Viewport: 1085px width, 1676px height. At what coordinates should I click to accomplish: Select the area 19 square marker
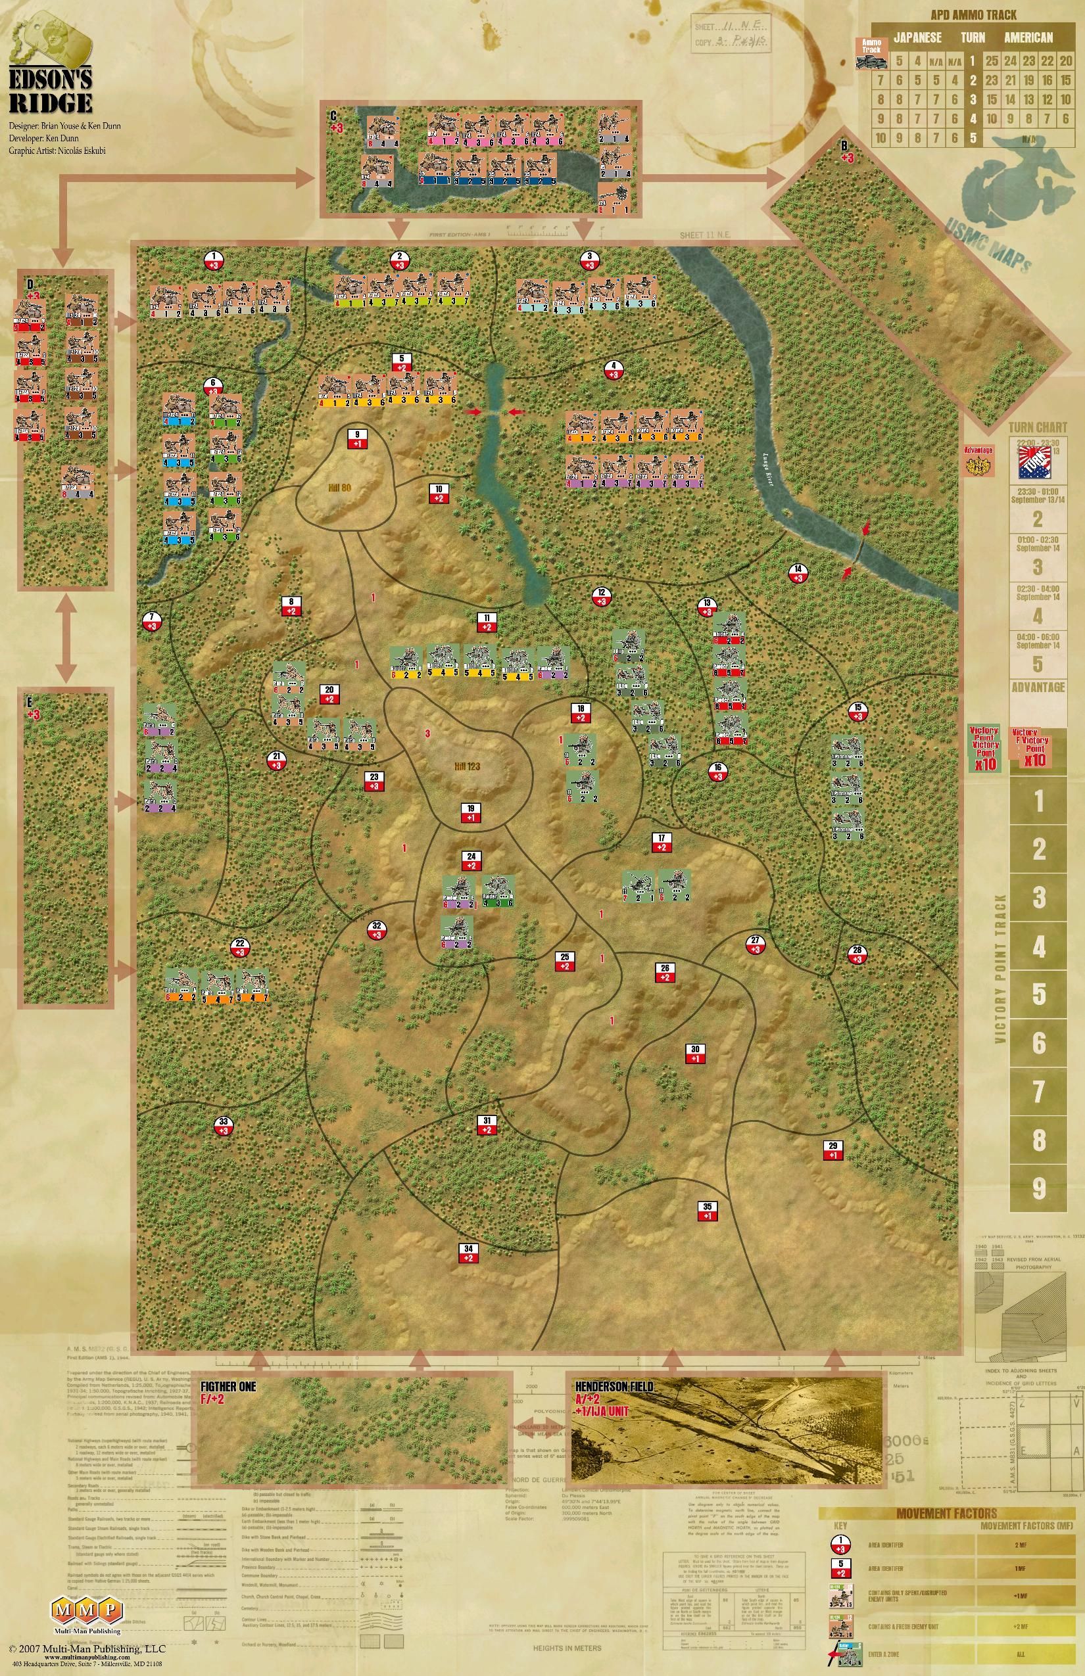[471, 812]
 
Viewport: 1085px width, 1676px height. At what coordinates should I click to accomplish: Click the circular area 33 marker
[224, 1125]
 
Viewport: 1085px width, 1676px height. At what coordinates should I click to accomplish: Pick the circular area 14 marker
[798, 573]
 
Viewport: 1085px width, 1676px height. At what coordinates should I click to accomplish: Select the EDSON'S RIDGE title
[50, 91]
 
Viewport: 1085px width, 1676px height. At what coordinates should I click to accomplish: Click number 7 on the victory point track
[1038, 1092]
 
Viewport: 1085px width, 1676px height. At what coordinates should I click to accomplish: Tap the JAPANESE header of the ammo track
[917, 38]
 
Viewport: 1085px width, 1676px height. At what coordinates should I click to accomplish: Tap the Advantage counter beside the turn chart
[978, 459]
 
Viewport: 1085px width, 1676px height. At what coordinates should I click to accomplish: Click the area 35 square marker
[708, 1211]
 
